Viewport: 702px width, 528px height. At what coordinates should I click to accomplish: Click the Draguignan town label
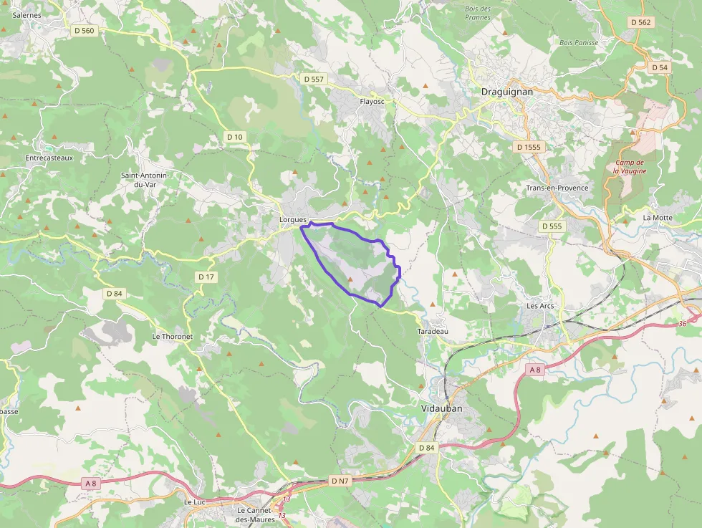(506, 92)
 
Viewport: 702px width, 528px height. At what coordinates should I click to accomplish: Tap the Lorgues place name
(292, 219)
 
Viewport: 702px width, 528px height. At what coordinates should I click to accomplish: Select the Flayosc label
(372, 102)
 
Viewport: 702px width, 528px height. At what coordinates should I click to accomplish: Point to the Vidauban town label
(441, 408)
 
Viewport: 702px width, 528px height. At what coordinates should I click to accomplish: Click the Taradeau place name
(432, 332)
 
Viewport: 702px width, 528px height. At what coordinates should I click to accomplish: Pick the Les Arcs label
(540, 306)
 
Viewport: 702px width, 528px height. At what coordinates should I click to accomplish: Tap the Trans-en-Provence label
(557, 188)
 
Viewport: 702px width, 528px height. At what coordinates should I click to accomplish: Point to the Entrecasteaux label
(49, 158)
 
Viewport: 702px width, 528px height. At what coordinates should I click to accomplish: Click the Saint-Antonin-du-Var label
(144, 179)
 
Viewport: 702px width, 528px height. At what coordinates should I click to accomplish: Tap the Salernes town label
(27, 14)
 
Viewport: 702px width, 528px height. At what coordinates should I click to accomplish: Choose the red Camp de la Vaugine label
(630, 166)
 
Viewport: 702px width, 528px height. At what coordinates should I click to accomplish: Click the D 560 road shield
(84, 31)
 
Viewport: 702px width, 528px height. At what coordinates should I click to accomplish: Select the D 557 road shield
(314, 79)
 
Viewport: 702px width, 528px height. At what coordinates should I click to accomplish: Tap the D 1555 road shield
(529, 147)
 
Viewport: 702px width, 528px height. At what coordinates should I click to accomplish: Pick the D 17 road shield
(206, 277)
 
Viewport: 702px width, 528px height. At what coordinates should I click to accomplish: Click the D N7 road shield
(340, 480)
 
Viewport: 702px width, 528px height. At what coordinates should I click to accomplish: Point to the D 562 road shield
(641, 22)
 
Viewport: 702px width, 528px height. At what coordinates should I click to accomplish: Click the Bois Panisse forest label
(579, 42)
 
